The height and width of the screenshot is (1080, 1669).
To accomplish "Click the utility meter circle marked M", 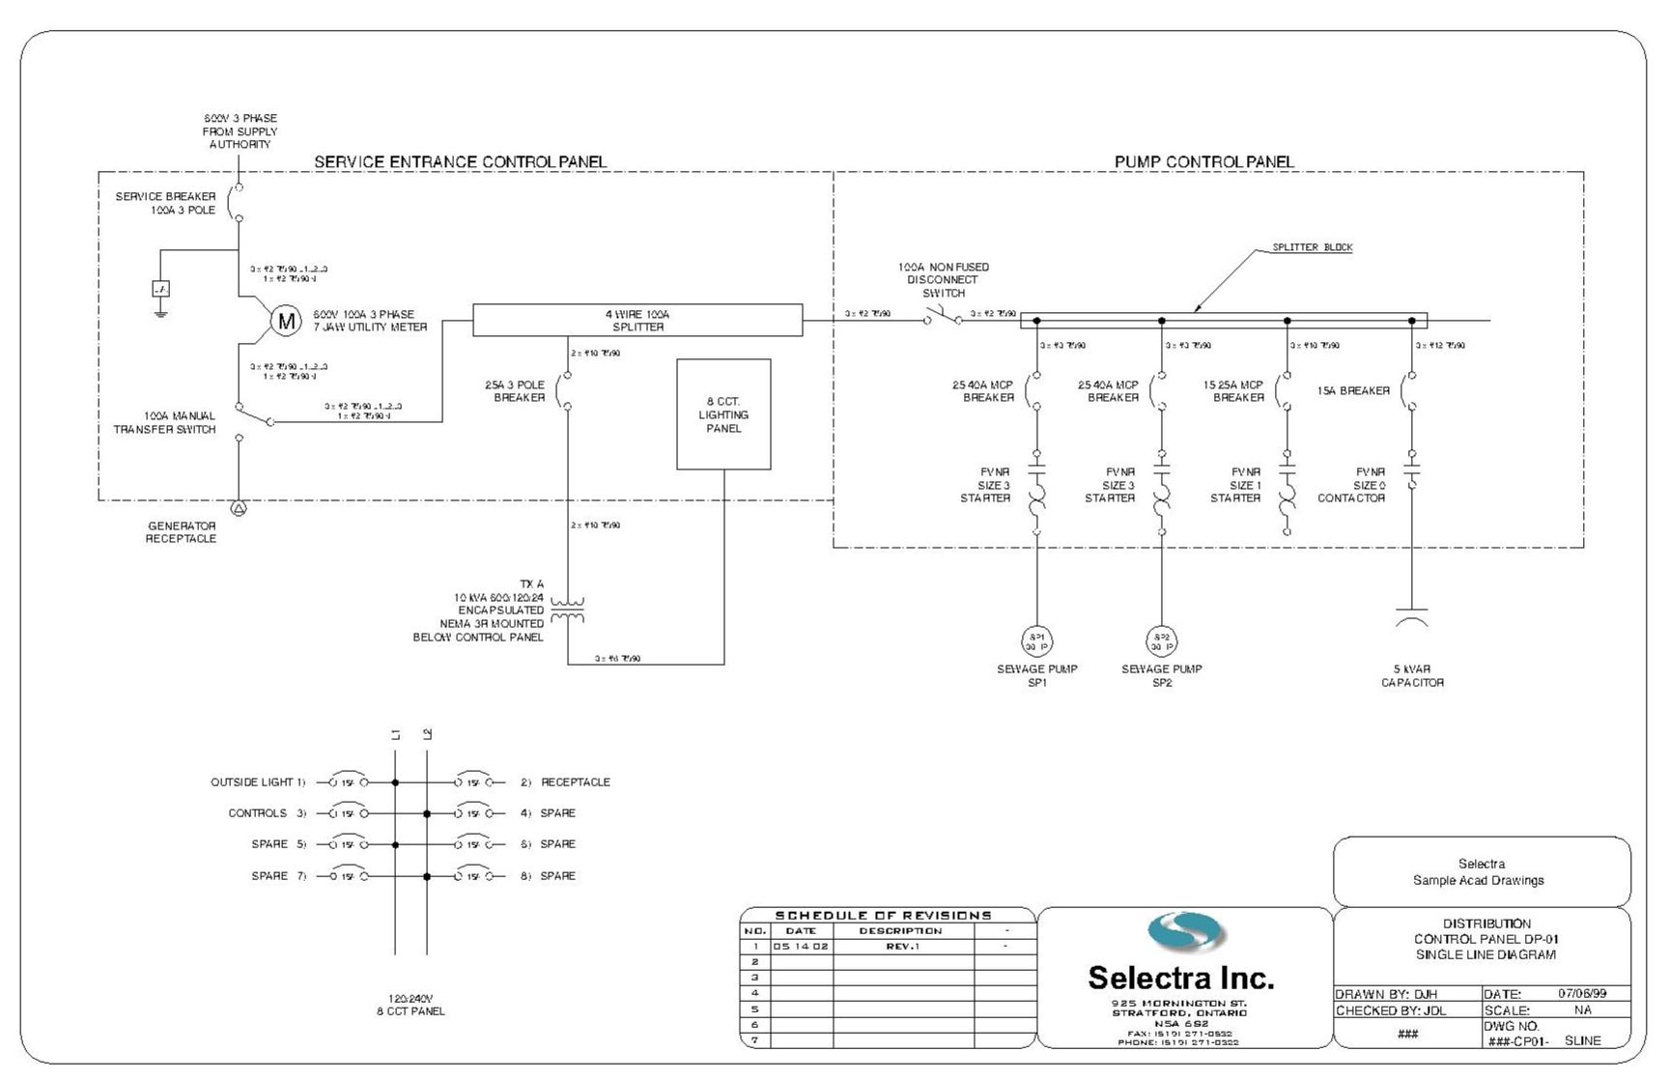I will [x=285, y=321].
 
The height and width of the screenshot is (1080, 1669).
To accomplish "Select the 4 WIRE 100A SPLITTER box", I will [x=637, y=321].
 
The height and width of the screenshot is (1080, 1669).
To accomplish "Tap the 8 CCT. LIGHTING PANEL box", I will [x=723, y=414].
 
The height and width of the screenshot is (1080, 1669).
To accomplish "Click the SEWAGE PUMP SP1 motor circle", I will [x=1036, y=640].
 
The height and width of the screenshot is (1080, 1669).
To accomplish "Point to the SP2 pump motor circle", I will [x=1162, y=640].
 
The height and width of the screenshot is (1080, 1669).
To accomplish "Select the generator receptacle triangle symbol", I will [x=239, y=508].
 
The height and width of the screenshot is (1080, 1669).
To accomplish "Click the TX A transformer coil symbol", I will [x=568, y=611].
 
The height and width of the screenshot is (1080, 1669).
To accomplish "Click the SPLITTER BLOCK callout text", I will [x=1312, y=247].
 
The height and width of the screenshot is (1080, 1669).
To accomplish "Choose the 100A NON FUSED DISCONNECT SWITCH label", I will [x=943, y=280].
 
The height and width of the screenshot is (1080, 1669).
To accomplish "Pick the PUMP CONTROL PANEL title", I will [x=1203, y=161].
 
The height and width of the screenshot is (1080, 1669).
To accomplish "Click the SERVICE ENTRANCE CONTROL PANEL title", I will [x=461, y=161].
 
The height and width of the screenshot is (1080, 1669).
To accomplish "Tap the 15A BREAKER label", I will [x=1353, y=391].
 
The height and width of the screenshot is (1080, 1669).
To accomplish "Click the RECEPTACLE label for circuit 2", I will [x=575, y=782].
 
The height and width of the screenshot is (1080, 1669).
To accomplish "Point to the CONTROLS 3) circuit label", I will [x=267, y=813].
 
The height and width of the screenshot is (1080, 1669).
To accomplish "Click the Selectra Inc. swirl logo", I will [x=1186, y=932].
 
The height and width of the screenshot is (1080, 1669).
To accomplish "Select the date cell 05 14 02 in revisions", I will [x=801, y=947].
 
